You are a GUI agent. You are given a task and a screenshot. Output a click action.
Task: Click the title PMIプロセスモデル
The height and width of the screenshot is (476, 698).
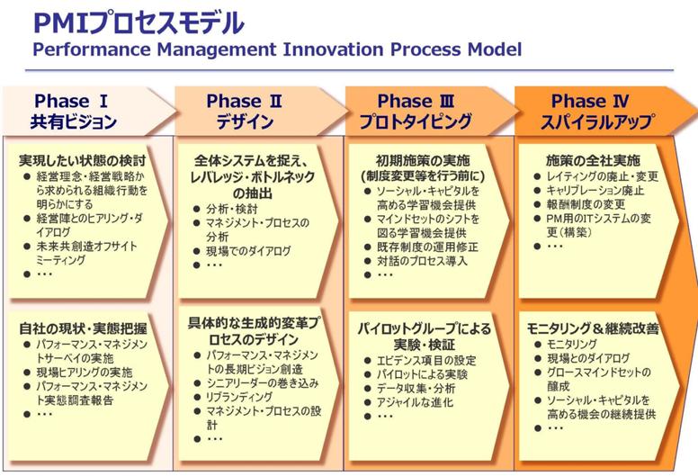coord(139,23)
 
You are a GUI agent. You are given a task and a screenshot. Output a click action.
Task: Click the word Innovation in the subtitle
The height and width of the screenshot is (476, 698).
coord(333,49)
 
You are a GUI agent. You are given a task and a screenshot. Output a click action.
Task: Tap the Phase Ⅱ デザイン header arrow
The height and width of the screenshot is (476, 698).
coord(260,112)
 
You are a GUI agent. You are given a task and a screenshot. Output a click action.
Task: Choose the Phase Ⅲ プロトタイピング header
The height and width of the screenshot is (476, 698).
coord(431,112)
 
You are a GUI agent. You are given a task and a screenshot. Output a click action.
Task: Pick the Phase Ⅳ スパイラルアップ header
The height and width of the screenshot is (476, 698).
coord(605,112)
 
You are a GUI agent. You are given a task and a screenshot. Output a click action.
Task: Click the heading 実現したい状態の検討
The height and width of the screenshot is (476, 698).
coord(83,160)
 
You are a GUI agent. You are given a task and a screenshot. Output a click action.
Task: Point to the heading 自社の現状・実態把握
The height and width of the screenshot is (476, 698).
coord(83,328)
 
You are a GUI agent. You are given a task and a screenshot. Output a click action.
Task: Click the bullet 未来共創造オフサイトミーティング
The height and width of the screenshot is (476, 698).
coord(86,253)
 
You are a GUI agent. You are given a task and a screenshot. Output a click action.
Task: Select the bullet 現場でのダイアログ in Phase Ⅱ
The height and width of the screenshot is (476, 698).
coord(248,251)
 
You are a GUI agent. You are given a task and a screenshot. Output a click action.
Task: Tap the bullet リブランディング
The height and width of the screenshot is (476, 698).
coord(239,396)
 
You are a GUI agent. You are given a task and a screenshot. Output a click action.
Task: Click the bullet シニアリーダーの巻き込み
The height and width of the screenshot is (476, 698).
coord(262,382)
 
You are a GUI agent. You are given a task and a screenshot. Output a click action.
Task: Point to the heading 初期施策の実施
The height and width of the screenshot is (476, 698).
coord(423,160)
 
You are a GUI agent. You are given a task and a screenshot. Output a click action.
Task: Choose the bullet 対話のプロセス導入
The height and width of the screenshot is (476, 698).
coord(422,260)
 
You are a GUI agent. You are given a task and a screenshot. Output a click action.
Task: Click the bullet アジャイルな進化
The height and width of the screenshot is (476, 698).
coord(415,402)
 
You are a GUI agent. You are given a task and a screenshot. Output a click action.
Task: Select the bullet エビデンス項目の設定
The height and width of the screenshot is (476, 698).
coord(426,360)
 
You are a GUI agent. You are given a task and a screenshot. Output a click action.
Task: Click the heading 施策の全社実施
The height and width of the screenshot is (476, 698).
coord(593,160)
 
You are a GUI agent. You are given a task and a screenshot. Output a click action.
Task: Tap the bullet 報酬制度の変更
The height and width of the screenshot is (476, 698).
coord(586,204)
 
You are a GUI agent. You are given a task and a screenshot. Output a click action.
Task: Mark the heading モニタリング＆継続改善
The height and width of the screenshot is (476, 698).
coord(593,328)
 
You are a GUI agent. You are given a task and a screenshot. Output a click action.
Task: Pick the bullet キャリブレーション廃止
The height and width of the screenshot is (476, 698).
coord(595,190)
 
